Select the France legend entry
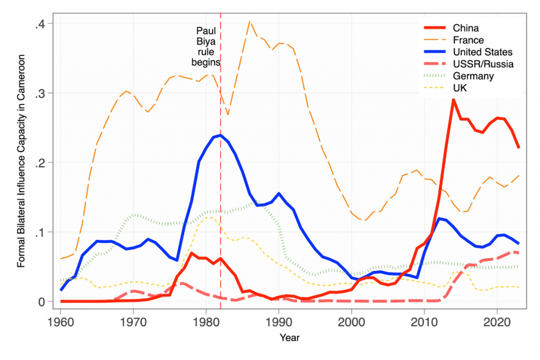[468, 40]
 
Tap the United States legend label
[482, 52]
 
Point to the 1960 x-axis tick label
[61, 321]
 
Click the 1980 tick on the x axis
[206, 321]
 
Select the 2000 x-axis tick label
[352, 321]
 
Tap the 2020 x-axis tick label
[497, 321]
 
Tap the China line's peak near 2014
[453, 100]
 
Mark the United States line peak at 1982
[220, 135]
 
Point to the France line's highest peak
[249, 22]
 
